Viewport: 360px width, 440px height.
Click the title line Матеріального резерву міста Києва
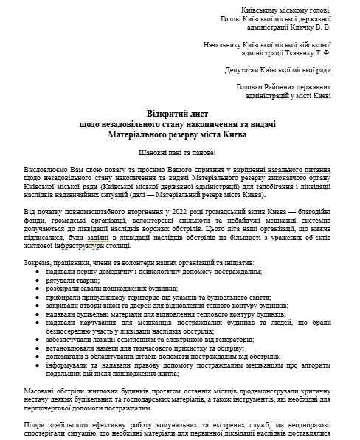coord(179,136)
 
